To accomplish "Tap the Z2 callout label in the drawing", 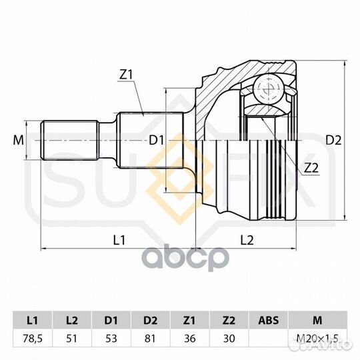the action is pyautogui.click(x=311, y=168).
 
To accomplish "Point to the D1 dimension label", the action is pyautogui.click(x=157, y=140).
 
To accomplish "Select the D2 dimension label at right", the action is pyautogui.click(x=333, y=140).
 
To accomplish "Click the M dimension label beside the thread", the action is pyautogui.click(x=19, y=140).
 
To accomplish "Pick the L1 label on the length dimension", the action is pyautogui.click(x=119, y=240).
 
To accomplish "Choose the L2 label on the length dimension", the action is pyautogui.click(x=247, y=240).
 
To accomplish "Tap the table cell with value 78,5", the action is pyautogui.click(x=33, y=339).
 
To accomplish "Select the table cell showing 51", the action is pyautogui.click(x=72, y=339).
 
